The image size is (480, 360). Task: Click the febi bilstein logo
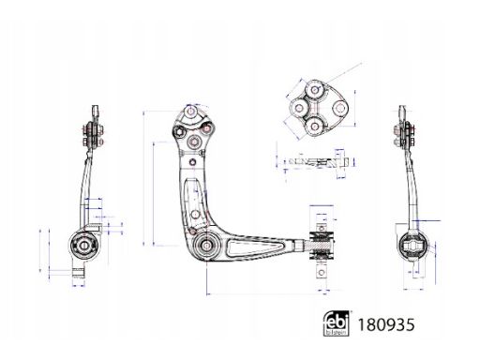click(336, 323)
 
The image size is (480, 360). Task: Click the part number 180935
click(386, 324)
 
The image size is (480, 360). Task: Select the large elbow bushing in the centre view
click(205, 246)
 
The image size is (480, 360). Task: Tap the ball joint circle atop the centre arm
click(190, 112)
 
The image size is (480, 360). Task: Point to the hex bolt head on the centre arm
click(179, 132)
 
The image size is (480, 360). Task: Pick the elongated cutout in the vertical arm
click(194, 203)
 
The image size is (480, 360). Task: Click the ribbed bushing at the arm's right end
click(322, 246)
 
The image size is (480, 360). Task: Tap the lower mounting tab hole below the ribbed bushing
click(322, 273)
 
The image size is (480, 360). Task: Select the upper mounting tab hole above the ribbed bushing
click(322, 227)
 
